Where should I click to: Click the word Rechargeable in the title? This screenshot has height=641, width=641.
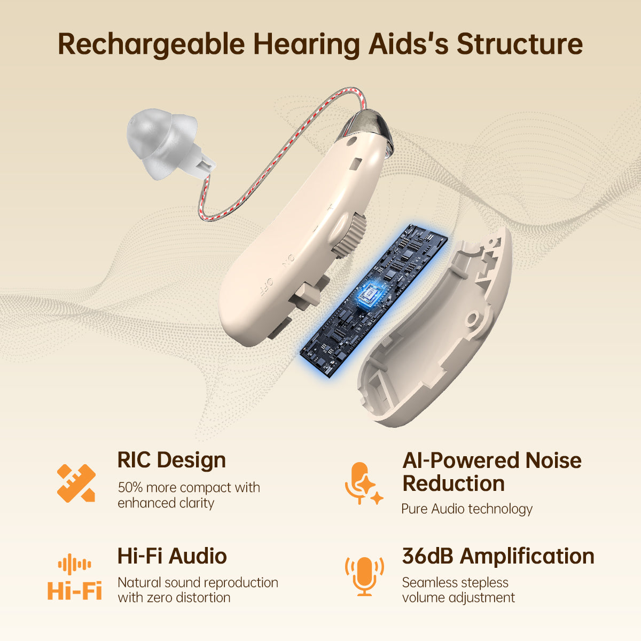coord(151,44)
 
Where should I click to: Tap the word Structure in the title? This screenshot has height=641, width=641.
coord(519,44)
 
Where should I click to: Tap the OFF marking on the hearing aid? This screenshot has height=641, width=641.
coord(267,287)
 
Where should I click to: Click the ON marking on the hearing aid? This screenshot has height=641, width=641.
coord(288,261)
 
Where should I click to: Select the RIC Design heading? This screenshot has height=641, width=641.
coord(171,460)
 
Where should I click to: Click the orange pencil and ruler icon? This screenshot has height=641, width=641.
coord(76,483)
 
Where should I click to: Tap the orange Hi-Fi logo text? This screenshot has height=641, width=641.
coord(74,591)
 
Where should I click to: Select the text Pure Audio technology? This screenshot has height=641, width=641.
coord(467,509)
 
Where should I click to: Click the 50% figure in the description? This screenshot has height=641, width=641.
coord(130,488)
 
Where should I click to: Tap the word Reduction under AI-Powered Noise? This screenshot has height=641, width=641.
coord(454,483)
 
